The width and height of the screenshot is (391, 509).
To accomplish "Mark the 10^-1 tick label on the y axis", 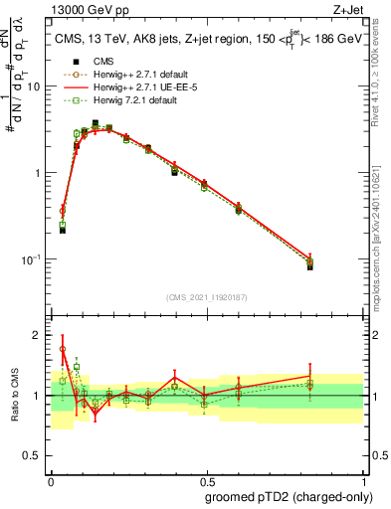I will pyautogui.click(x=33, y=259).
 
